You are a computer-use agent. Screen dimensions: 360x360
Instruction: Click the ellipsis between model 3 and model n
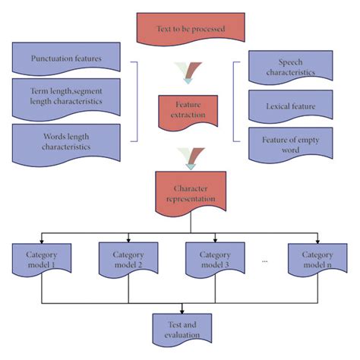coord(264,261)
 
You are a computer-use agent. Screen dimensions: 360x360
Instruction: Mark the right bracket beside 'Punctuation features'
coord(137,102)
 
